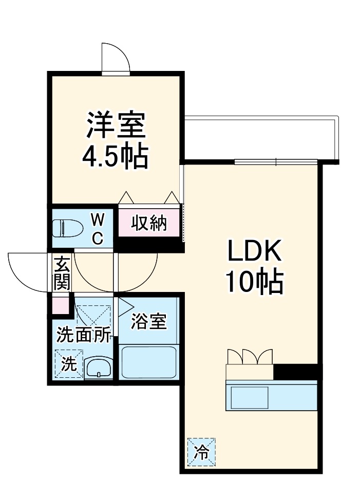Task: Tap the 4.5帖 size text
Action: pyautogui.click(x=116, y=157)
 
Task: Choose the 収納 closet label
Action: pyautogui.click(x=148, y=223)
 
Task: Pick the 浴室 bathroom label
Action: pyautogui.click(x=148, y=322)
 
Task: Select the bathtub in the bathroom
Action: pyautogui.click(x=148, y=362)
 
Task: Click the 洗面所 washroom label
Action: pyautogui.click(x=84, y=335)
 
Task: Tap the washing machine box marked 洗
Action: pyautogui.click(x=69, y=364)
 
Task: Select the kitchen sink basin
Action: pyautogui.click(x=249, y=397)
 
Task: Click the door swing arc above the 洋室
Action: pyautogui.click(x=115, y=58)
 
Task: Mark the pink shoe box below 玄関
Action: pyautogui.click(x=61, y=305)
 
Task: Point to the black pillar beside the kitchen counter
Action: pyautogui.click(x=297, y=371)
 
